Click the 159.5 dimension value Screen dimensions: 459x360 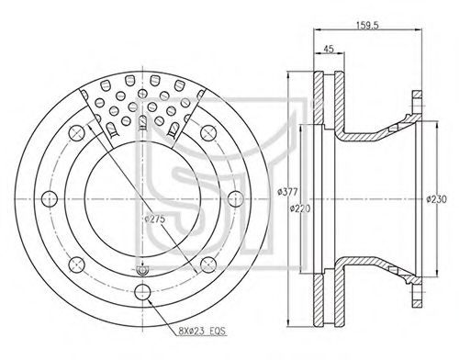click(x=367, y=26)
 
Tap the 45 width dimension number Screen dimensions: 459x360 click(x=328, y=49)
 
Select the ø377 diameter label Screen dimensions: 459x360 click(x=287, y=192)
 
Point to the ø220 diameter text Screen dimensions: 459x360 click(x=300, y=208)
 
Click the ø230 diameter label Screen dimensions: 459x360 click(x=437, y=199)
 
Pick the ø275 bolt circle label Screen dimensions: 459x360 click(x=155, y=219)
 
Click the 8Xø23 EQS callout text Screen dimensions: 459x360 click(x=202, y=331)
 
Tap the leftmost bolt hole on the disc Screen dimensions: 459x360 click(x=50, y=199)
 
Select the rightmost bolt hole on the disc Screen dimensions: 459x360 click(x=236, y=199)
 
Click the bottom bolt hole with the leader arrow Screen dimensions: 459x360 click(x=142, y=292)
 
